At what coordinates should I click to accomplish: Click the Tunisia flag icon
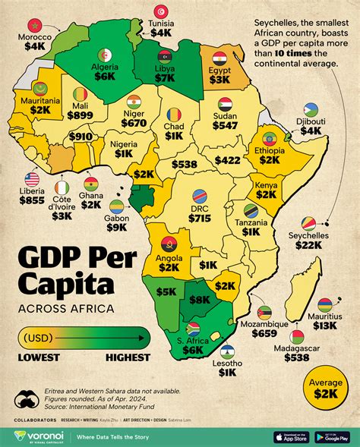161,11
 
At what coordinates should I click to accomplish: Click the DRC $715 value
200,218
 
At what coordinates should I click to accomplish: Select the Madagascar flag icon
296,336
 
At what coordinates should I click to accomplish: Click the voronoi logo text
48,435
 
